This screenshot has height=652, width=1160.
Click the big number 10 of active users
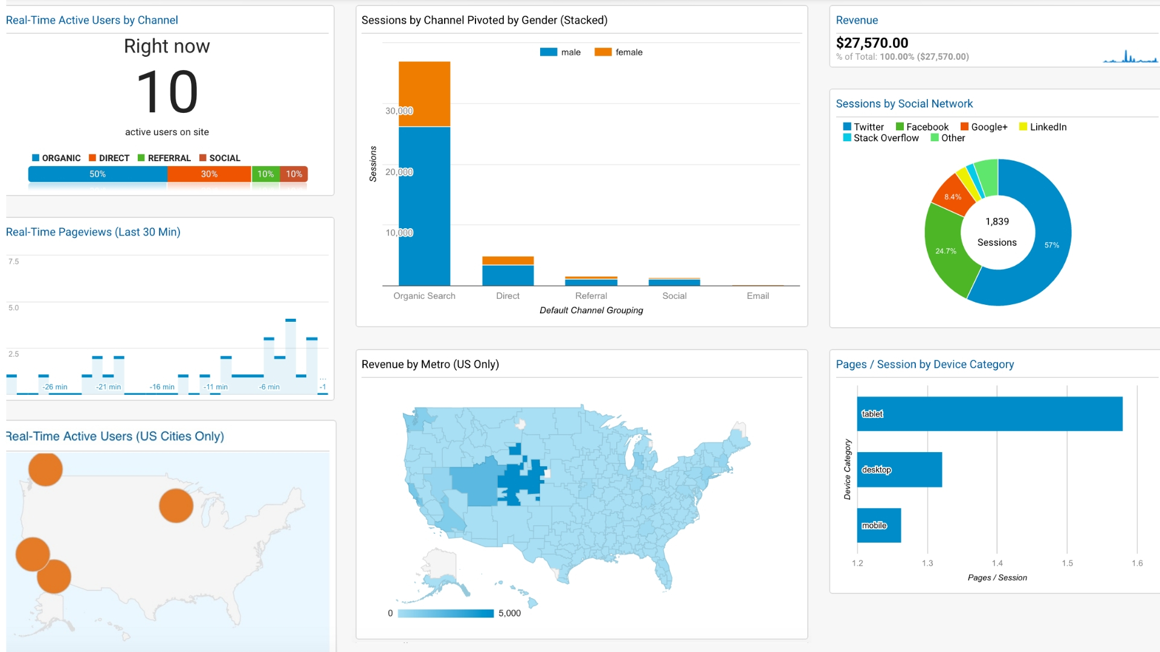click(167, 92)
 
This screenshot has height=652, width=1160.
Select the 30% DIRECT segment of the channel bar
click(209, 174)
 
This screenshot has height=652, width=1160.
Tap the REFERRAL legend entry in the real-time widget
click(164, 158)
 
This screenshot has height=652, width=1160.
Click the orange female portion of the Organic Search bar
click(424, 94)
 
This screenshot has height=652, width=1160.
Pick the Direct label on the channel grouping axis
click(507, 296)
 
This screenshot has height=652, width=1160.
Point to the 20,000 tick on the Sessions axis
click(399, 172)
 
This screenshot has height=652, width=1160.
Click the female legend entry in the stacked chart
click(619, 53)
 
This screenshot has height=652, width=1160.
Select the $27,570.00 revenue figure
click(872, 43)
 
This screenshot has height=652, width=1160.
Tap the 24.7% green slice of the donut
click(946, 250)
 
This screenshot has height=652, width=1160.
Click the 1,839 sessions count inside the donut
click(997, 222)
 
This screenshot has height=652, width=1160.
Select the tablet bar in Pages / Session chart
click(990, 414)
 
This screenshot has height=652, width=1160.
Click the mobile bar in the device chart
click(879, 525)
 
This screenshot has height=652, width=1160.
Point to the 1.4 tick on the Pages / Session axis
click(997, 563)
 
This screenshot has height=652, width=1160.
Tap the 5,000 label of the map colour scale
click(509, 613)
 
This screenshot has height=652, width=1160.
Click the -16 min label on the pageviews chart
click(162, 387)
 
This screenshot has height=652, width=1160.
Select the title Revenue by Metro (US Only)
click(430, 365)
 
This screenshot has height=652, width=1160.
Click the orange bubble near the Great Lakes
click(176, 506)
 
